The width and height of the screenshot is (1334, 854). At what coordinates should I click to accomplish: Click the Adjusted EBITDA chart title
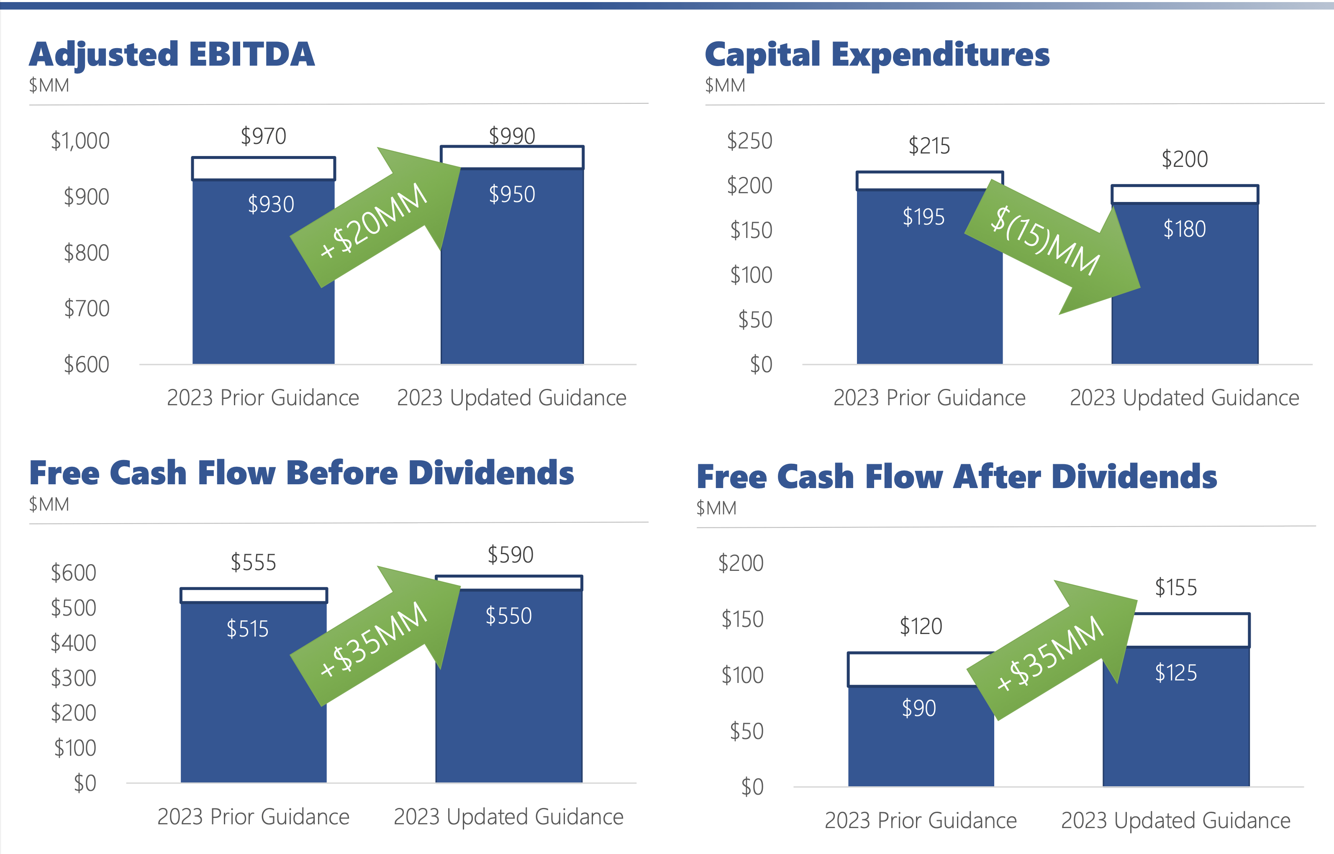(172, 55)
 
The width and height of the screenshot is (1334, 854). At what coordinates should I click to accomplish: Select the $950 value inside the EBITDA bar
(511, 194)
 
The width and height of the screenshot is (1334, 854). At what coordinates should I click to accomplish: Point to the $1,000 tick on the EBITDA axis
(80, 141)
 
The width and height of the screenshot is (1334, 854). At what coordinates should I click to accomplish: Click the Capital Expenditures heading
(876, 55)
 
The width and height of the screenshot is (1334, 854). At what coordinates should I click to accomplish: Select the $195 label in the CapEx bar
(923, 217)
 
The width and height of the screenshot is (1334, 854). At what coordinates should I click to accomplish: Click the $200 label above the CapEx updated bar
(1184, 160)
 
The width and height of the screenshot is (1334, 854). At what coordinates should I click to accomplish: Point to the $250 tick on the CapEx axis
(749, 141)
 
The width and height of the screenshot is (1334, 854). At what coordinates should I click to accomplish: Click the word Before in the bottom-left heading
(342, 473)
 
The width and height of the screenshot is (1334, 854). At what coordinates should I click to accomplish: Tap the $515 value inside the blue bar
(247, 629)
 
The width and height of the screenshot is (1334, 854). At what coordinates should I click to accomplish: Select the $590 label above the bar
(511, 555)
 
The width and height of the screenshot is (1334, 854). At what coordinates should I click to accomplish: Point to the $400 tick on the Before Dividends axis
(73, 643)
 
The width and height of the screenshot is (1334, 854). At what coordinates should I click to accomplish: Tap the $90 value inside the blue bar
(918, 708)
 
